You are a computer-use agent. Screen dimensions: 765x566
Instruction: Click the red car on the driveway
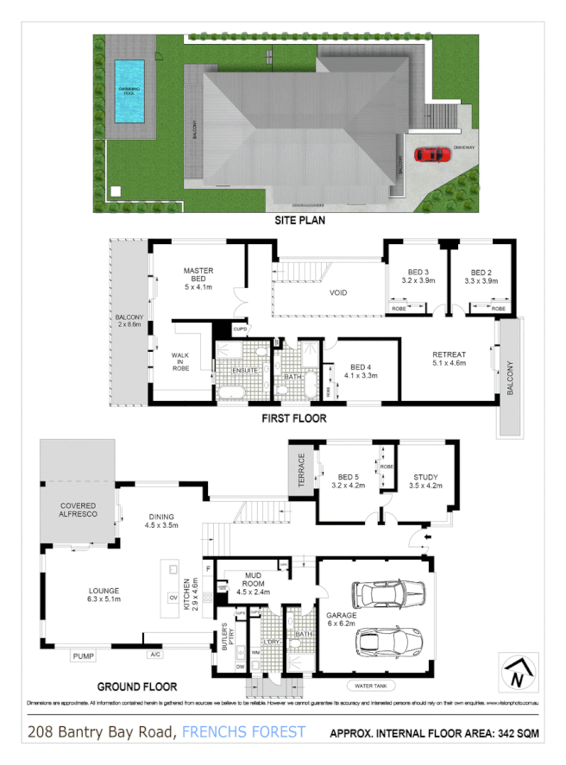tap(431, 154)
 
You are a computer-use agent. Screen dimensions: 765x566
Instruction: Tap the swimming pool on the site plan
tap(129, 91)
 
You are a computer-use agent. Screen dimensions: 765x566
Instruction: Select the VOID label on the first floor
tap(338, 293)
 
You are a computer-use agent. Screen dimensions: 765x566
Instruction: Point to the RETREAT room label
tap(449, 359)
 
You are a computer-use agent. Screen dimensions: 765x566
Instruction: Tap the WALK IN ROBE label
tap(180, 361)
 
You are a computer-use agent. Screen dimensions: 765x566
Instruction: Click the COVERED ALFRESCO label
tap(77, 509)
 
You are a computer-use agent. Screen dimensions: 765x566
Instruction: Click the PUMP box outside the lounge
tap(84, 656)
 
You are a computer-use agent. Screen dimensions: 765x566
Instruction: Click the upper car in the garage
tap(388, 594)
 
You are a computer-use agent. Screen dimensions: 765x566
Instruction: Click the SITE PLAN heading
tap(299, 221)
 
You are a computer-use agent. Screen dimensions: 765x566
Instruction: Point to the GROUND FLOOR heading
tap(137, 687)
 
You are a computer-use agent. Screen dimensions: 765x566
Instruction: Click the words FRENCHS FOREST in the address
tap(244, 732)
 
